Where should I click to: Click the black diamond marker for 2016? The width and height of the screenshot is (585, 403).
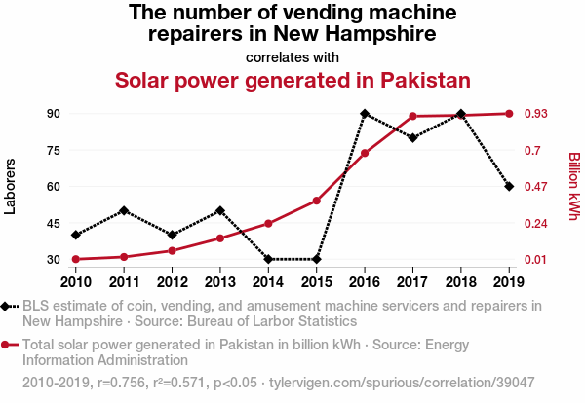tap(365, 114)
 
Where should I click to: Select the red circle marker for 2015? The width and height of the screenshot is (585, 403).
tap(317, 201)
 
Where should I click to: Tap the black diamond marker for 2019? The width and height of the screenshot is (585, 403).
tap(509, 187)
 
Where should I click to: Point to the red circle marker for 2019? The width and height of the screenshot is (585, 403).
tap(509, 114)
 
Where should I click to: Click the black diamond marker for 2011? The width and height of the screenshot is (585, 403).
tap(124, 210)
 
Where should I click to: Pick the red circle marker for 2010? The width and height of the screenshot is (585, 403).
tap(76, 259)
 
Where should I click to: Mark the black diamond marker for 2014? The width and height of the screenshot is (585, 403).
tap(269, 259)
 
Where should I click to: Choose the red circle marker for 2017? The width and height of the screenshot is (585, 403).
tap(413, 117)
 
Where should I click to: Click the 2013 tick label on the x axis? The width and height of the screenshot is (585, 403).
tap(220, 282)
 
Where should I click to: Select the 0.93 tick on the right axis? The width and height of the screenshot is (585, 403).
tap(541, 114)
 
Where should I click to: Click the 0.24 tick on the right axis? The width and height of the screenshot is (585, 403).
tap(541, 223)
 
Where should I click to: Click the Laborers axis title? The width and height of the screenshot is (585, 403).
tap(11, 186)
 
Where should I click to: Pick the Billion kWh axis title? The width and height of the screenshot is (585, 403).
tap(574, 186)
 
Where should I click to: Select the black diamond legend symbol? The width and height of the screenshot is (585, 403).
tap(8, 306)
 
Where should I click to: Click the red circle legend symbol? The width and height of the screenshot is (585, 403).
tap(8, 345)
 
